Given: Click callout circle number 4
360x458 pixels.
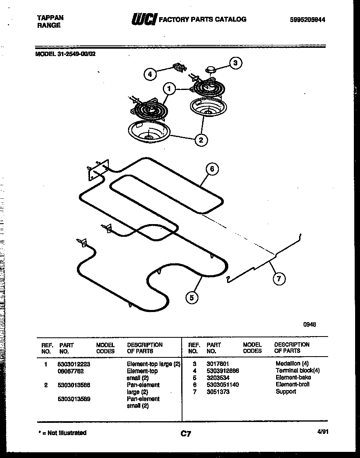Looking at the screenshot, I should click(x=150, y=74).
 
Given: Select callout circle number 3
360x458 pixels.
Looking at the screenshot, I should click(x=235, y=63).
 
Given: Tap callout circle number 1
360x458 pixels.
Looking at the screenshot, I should click(x=169, y=88).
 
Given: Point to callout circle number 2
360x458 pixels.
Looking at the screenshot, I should click(x=201, y=140).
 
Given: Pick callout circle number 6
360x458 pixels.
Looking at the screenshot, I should click(x=211, y=169).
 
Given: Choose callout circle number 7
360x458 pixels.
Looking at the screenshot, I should click(x=279, y=279).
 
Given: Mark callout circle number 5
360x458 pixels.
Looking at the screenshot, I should click(x=191, y=297).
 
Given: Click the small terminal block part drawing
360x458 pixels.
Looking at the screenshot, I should click(x=178, y=67).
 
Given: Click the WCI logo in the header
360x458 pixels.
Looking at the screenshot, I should click(x=144, y=19).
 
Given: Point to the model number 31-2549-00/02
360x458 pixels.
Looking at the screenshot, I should click(x=66, y=53).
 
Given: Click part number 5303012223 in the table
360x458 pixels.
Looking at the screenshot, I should click(x=74, y=364).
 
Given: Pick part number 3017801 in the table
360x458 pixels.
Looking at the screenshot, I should click(x=218, y=364).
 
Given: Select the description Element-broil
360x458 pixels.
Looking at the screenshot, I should click(x=292, y=384).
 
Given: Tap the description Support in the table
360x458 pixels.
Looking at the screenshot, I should click(x=286, y=392).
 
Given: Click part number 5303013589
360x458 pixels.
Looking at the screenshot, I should click(x=74, y=399).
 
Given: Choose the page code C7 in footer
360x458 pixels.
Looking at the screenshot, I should click(x=186, y=434).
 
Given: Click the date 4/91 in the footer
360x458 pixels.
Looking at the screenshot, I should click(x=323, y=431).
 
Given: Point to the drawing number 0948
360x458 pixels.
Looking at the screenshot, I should click(x=309, y=325).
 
